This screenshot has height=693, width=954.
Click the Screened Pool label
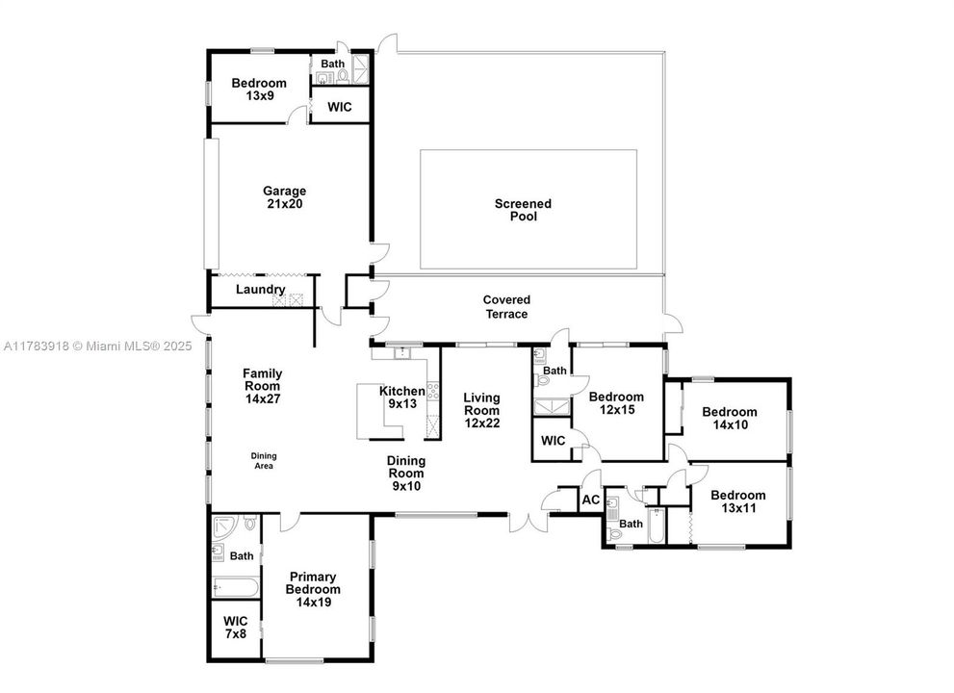click(x=523, y=210)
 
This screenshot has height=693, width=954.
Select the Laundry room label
click(x=261, y=290)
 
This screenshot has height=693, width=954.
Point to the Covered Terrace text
click(x=505, y=307)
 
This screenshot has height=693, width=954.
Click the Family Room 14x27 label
click(x=262, y=385)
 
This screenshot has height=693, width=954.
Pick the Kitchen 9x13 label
click(x=401, y=398)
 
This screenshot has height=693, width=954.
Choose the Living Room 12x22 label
click(x=481, y=410)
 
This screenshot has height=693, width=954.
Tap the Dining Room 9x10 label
click(x=406, y=474)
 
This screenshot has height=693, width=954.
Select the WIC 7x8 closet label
click(x=236, y=628)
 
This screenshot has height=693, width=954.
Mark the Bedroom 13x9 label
click(x=259, y=90)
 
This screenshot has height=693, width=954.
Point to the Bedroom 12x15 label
click(x=616, y=403)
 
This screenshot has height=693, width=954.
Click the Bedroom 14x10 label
click(x=729, y=418)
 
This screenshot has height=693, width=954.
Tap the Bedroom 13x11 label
click(x=738, y=501)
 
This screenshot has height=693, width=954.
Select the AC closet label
click(x=590, y=500)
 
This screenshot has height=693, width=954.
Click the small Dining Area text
click(x=264, y=461)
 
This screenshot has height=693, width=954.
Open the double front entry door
click(x=526, y=521)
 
